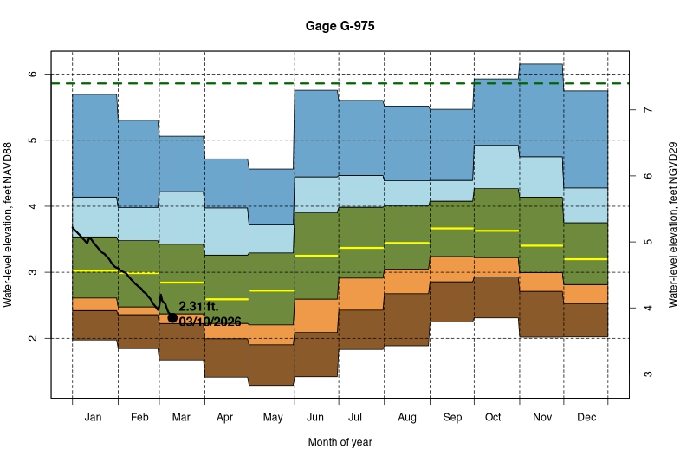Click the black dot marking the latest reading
click(x=172, y=318)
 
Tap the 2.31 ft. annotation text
click(x=198, y=306)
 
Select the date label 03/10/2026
click(x=209, y=321)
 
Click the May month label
click(x=272, y=417)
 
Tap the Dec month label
click(x=586, y=417)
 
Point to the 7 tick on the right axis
click(x=647, y=110)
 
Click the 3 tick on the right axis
click(x=647, y=374)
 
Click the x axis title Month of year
click(x=340, y=442)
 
